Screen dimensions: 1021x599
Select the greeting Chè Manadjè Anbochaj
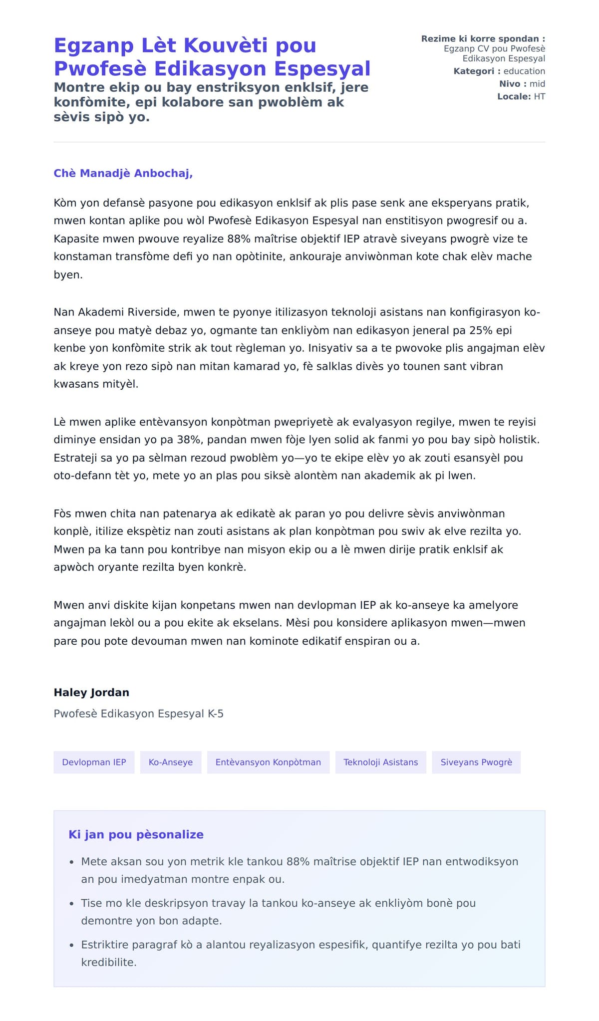coord(123,173)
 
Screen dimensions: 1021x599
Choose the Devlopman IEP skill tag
coord(94,762)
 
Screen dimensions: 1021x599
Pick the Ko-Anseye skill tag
coord(171,762)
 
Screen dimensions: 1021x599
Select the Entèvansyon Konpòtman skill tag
coord(268,762)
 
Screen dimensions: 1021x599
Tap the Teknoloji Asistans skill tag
coord(380,762)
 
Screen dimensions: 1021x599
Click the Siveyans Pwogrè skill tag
coord(476,762)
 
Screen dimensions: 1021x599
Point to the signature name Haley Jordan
coord(91,692)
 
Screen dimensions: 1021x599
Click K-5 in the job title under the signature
coord(216,714)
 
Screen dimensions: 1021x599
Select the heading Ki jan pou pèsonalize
coord(136,834)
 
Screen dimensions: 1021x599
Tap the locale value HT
coord(539,96)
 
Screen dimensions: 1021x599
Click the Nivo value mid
coord(537,84)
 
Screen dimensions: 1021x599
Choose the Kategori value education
coord(524,71)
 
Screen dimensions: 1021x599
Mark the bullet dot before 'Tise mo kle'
coord(72,904)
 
